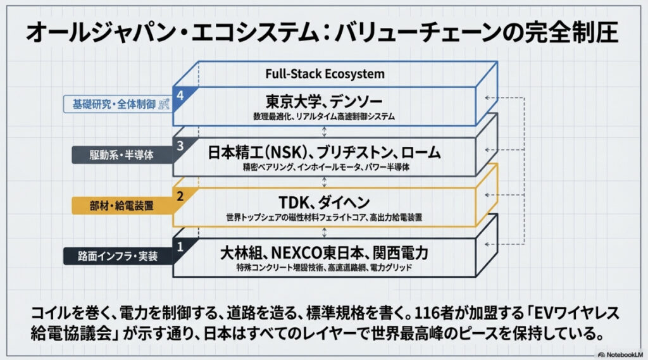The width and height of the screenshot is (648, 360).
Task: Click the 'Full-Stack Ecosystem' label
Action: [324, 73]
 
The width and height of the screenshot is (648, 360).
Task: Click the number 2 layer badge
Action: [180, 196]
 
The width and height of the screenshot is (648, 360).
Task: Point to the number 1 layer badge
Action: [180, 246]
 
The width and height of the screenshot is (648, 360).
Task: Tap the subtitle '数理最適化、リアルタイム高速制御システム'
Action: [324, 117]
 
